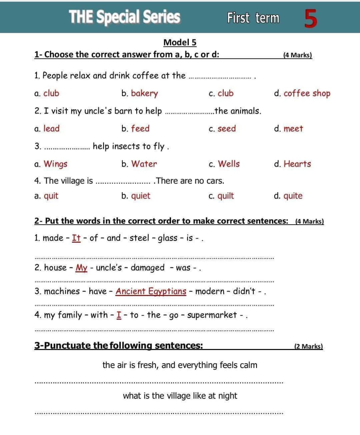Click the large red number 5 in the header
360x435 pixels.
pos(311,18)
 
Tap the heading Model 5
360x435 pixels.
pos(180,42)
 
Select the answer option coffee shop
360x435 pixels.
pos(307,93)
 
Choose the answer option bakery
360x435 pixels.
pos(144,93)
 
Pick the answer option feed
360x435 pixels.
pos(140,129)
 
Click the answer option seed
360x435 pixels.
pos(227,129)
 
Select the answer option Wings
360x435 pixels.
pos(56,164)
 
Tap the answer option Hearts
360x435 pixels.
pos(297,164)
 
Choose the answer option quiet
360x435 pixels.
pos(141,196)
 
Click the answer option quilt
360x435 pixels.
pos(226,196)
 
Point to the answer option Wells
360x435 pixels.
pos(229,164)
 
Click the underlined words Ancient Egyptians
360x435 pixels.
pos(151,291)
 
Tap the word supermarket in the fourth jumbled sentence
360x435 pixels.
pos(212,315)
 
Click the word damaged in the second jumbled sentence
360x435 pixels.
pos(148,268)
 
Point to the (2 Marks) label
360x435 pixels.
pos(308,346)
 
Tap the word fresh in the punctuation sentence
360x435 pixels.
pos(148,365)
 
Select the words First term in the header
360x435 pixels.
pos(253,18)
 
